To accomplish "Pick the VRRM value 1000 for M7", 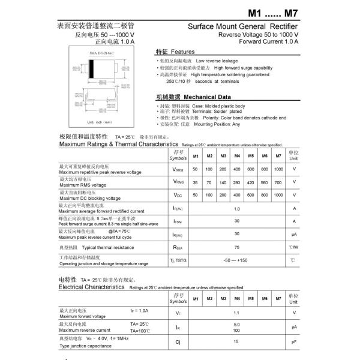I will pyautogui.click(x=278, y=170).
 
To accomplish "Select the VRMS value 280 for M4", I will pyautogui.click(x=237, y=182).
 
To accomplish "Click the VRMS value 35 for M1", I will pyautogui.click(x=195, y=182).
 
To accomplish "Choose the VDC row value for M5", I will pyautogui.click(x=251, y=196).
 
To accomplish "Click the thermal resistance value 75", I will pyautogui.click(x=237, y=247).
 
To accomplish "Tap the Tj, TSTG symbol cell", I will pyautogui.click(x=178, y=260).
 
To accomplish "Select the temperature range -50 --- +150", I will pyautogui.click(x=236, y=260).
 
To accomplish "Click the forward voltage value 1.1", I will pyautogui.click(x=236, y=313).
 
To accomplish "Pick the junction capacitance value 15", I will pyautogui.click(x=236, y=341).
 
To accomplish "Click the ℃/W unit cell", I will pyautogui.click(x=294, y=247).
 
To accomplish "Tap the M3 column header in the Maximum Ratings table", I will pyautogui.click(x=223, y=157).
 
